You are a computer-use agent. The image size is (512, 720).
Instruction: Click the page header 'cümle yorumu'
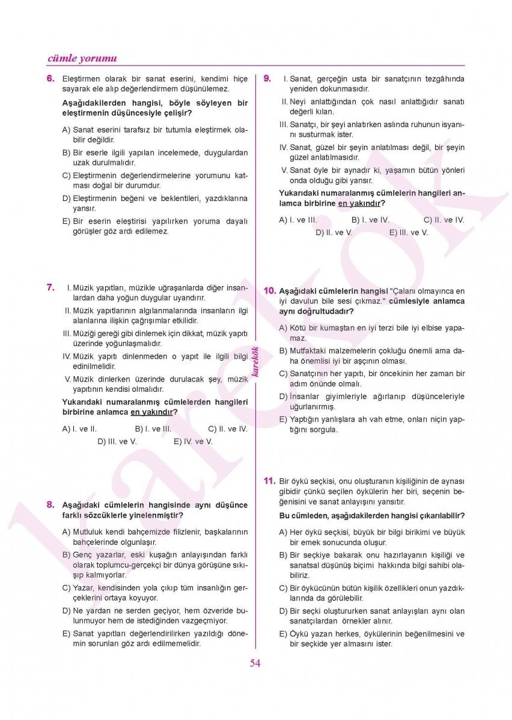(x=82, y=58)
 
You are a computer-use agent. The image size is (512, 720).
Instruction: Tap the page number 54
(x=255, y=663)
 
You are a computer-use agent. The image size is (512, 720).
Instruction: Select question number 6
(x=50, y=79)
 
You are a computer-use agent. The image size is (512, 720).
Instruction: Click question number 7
(x=50, y=287)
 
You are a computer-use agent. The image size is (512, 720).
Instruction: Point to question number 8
(x=50, y=505)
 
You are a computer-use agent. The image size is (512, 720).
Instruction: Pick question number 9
(x=267, y=79)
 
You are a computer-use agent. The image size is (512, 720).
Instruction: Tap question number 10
(x=270, y=291)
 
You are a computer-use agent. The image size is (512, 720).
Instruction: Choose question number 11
(x=269, y=481)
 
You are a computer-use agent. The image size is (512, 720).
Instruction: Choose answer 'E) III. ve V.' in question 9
(x=408, y=232)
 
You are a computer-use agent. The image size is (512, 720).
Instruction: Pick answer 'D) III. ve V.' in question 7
(x=117, y=441)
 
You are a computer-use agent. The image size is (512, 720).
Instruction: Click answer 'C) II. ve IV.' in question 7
(x=227, y=429)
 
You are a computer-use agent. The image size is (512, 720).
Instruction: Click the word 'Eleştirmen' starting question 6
(x=82, y=79)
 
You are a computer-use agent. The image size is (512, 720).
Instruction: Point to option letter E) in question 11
(x=283, y=634)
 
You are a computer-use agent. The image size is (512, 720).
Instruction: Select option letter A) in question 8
(x=66, y=532)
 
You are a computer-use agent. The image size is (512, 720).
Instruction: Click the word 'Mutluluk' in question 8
(x=88, y=532)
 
